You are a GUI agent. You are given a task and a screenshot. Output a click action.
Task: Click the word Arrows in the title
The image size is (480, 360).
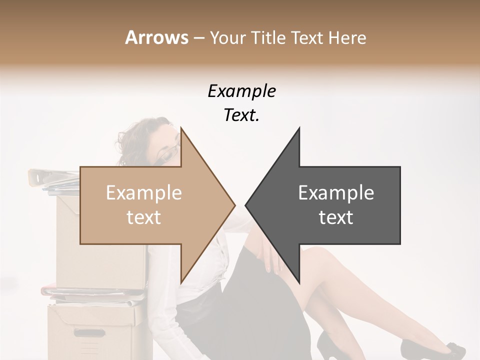[156, 37]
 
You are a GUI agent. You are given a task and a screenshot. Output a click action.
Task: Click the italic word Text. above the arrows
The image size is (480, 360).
[241, 115]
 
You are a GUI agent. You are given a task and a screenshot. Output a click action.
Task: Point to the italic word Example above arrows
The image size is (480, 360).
[241, 91]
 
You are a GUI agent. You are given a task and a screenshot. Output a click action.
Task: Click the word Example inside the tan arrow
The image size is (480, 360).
[143, 193]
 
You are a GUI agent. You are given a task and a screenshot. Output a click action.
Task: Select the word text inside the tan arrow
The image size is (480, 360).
[143, 217]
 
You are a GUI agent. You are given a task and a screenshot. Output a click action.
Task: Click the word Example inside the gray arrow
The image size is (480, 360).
[336, 193]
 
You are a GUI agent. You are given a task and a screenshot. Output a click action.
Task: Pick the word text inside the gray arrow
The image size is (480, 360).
[336, 217]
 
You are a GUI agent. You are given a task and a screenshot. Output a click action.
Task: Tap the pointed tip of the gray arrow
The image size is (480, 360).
[246, 205]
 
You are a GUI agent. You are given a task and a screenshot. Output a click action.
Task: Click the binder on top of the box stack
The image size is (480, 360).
[52, 176]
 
